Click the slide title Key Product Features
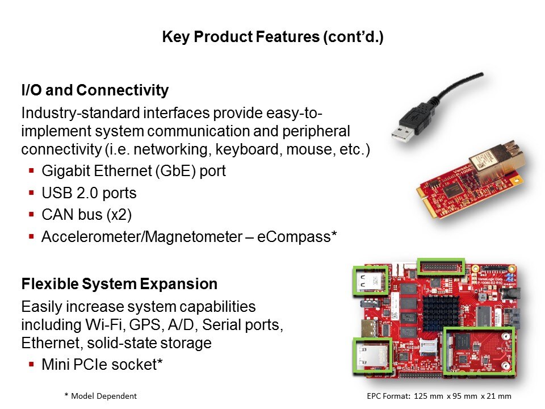click(x=272, y=37)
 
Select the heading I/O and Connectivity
click(x=95, y=90)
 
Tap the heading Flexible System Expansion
click(x=119, y=283)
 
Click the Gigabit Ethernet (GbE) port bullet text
click(x=133, y=171)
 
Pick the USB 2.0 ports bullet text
click(x=89, y=193)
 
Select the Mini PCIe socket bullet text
click(x=102, y=365)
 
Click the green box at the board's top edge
click(x=441, y=266)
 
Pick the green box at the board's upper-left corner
click(x=371, y=280)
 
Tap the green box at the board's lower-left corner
click(x=372, y=355)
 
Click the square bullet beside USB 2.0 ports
click(x=32, y=193)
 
